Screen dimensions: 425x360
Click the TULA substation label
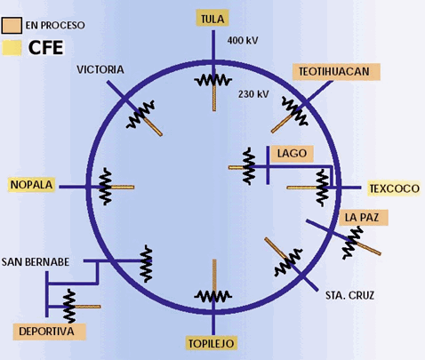[x=212, y=19]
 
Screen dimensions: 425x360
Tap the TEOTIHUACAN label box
[x=336, y=72]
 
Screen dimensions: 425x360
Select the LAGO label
[x=292, y=154]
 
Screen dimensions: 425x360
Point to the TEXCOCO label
[x=394, y=188]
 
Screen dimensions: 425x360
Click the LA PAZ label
[x=362, y=218]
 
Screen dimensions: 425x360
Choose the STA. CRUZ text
[x=349, y=295]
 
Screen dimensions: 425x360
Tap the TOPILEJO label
[x=212, y=343]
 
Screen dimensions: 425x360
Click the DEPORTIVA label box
[x=49, y=332]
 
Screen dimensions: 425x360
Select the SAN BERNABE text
[x=36, y=262]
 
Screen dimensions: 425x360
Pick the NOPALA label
[x=31, y=185]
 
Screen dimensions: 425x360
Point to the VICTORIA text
[x=100, y=69]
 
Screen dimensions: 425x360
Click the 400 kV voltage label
[x=243, y=40]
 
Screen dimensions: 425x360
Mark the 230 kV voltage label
[x=253, y=94]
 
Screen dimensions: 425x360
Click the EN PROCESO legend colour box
[x=12, y=25]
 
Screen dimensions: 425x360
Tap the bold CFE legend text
[x=46, y=48]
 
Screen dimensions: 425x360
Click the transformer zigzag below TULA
[x=213, y=80]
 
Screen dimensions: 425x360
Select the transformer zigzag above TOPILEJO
[x=213, y=296]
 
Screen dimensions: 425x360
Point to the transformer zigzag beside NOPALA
[x=105, y=187]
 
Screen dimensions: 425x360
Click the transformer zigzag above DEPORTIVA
[x=69, y=306]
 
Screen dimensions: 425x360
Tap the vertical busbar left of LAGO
[x=268, y=165]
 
